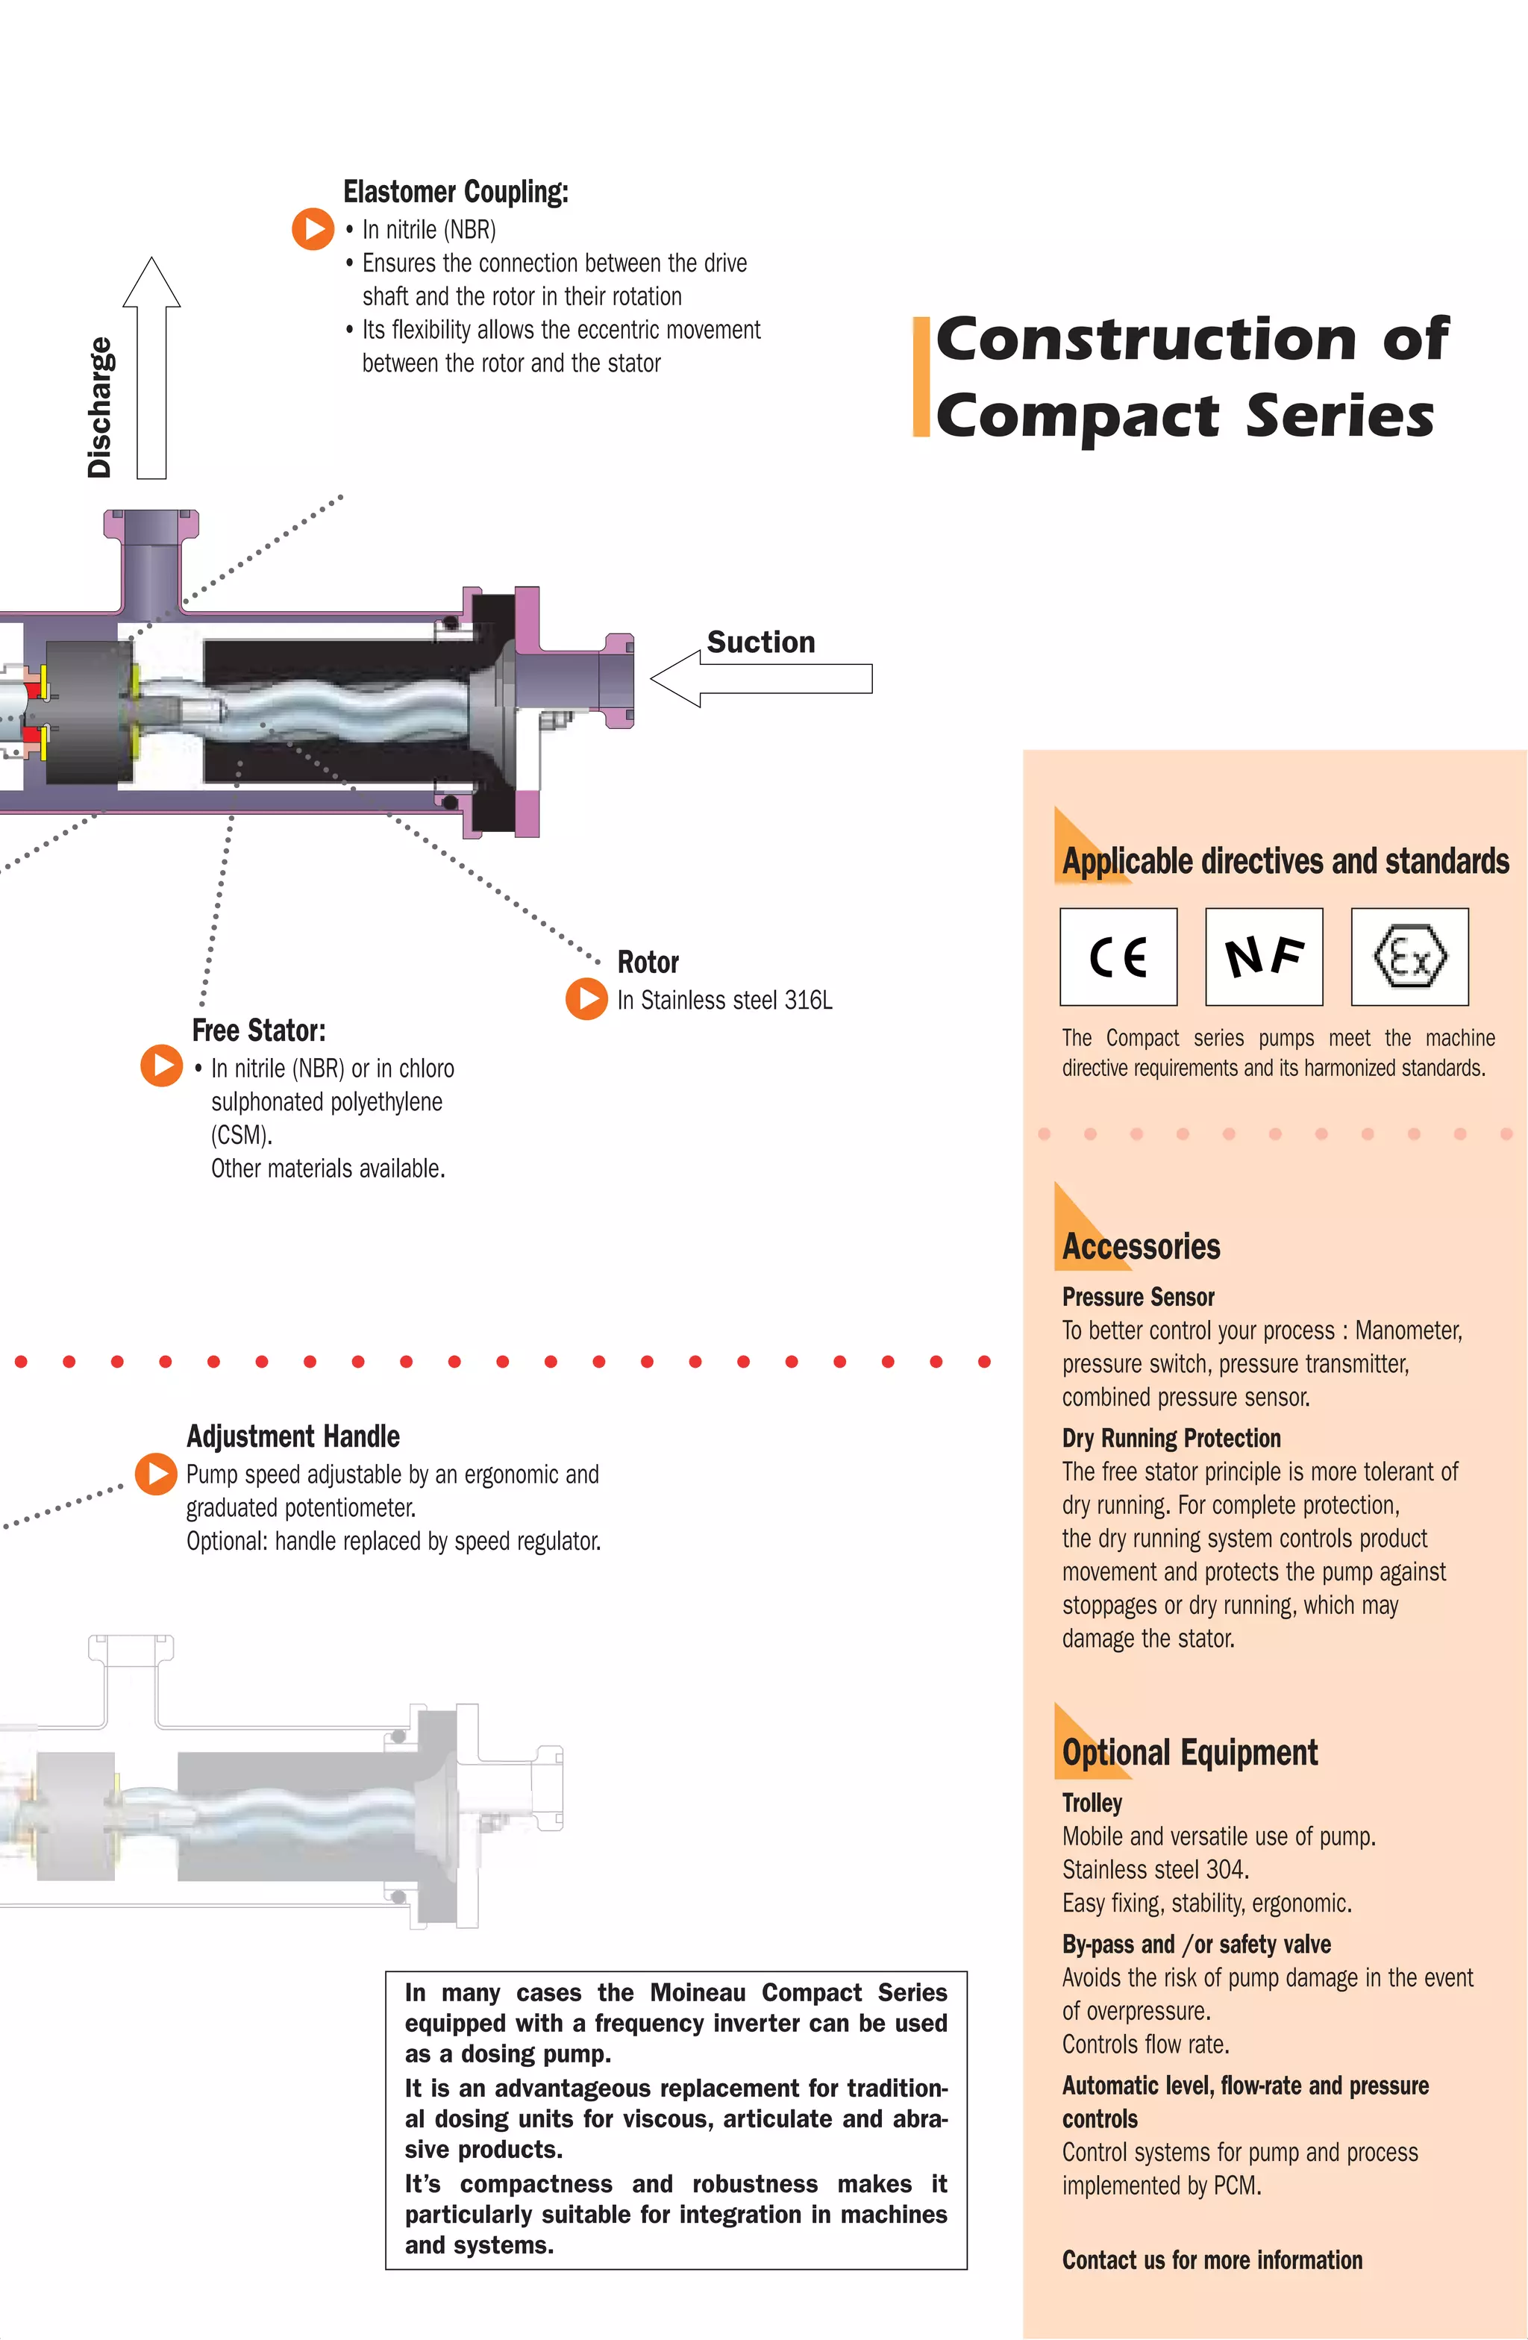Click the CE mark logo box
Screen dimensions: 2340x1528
pyautogui.click(x=1118, y=956)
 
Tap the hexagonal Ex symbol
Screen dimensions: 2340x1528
pyautogui.click(x=1409, y=956)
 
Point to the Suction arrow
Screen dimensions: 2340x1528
pyautogui.click(x=762, y=678)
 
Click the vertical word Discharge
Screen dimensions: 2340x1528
pyautogui.click(x=99, y=407)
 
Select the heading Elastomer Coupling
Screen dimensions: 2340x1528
pyautogui.click(x=455, y=192)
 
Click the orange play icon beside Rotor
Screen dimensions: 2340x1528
pyautogui.click(x=587, y=999)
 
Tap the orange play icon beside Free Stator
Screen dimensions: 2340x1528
pyautogui.click(x=161, y=1066)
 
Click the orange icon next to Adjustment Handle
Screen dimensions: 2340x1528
pyautogui.click(x=155, y=1473)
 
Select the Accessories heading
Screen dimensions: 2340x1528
pyautogui.click(x=1141, y=1247)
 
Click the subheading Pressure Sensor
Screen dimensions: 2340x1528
pyautogui.click(x=1138, y=1297)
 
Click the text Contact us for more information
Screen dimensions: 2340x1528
pyautogui.click(x=1212, y=2260)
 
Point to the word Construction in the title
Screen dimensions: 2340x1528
pyautogui.click(x=1145, y=340)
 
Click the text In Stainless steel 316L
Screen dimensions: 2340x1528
pyautogui.click(x=724, y=1000)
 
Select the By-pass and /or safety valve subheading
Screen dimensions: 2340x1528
pyautogui.click(x=1196, y=1945)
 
